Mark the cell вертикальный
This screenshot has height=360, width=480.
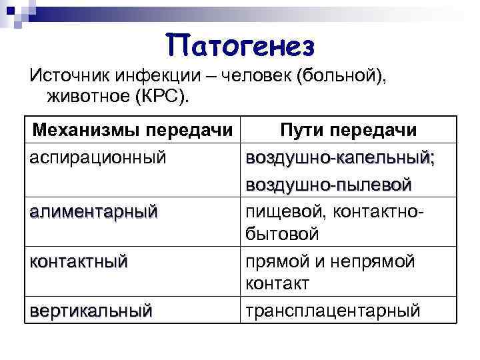pyautogui.click(x=91, y=310)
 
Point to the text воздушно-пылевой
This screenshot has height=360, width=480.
pyautogui.click(x=328, y=183)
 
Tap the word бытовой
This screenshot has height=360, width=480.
pyautogui.click(x=282, y=234)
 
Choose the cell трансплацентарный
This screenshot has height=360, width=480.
pyautogui.click(x=333, y=310)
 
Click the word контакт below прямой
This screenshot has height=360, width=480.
pyautogui.click(x=277, y=284)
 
